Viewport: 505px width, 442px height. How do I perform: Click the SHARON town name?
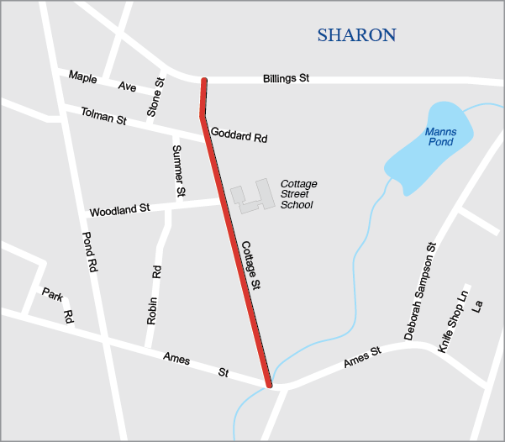[x=356, y=35]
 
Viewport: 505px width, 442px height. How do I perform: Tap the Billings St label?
[x=286, y=78]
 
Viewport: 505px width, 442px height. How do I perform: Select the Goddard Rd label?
[x=239, y=134]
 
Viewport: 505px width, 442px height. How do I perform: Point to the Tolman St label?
[x=103, y=115]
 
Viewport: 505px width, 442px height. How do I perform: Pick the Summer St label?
[x=178, y=171]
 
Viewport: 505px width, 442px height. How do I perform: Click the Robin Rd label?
[x=154, y=295]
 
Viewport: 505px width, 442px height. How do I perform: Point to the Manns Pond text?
[x=439, y=137]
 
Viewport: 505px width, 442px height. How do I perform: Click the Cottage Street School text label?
[x=298, y=194]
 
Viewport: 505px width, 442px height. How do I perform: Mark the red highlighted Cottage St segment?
[x=235, y=252]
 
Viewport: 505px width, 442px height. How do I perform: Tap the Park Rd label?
[x=59, y=304]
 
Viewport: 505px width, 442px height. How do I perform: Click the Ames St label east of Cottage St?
[x=363, y=356]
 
